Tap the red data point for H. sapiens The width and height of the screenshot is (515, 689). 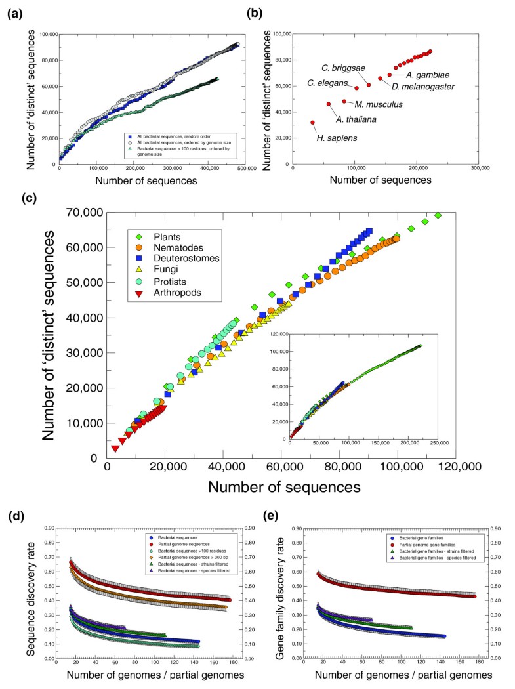pos(313,123)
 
